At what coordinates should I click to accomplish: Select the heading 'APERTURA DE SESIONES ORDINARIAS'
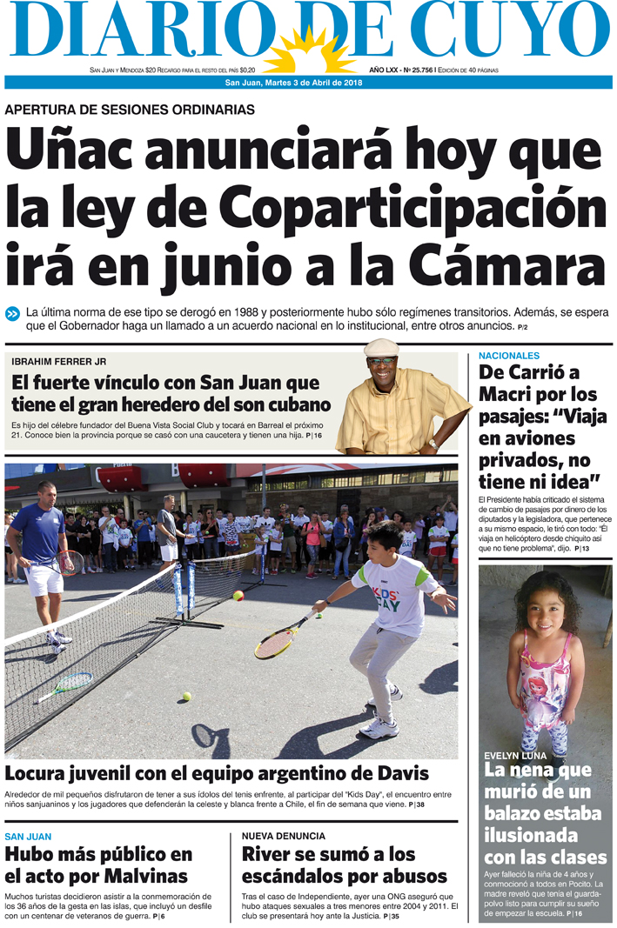coord(130,110)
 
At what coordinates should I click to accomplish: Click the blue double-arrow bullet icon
coord(13,314)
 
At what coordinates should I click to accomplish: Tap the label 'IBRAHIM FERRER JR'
coord(58,361)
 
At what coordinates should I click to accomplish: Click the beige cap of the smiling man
coord(381,348)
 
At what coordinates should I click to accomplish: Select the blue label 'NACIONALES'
coord(509,356)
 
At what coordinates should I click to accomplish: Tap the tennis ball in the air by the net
coord(238,596)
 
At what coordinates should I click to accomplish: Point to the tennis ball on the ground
coord(185,696)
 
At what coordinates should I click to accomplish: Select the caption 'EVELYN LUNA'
coord(515,756)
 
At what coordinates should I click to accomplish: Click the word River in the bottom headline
coord(267,854)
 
